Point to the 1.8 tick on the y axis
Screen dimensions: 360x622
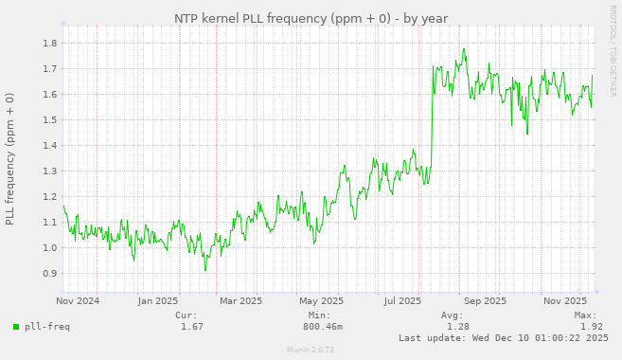coord(47,44)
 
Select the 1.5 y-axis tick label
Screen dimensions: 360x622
coord(47,120)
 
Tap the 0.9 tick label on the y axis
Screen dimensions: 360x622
coord(47,274)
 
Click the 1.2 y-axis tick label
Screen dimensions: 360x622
coord(47,197)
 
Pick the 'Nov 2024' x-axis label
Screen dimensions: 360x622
coord(78,301)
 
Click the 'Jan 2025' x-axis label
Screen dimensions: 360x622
coord(158,301)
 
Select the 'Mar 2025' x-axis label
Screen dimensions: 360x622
coord(240,301)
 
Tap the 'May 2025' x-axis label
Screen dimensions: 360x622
coord(321,301)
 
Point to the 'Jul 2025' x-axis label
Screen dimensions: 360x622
coord(402,301)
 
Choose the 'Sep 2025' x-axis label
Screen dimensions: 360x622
coord(486,301)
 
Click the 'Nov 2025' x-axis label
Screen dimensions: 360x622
coord(566,301)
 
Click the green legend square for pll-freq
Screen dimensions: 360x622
coord(16,327)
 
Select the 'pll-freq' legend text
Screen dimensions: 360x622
coord(46,327)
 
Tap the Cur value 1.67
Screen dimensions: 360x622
coord(192,327)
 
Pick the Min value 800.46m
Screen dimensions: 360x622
coord(323,327)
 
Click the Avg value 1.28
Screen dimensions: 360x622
coord(458,327)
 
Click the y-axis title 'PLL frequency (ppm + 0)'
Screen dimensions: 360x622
coord(10,158)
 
